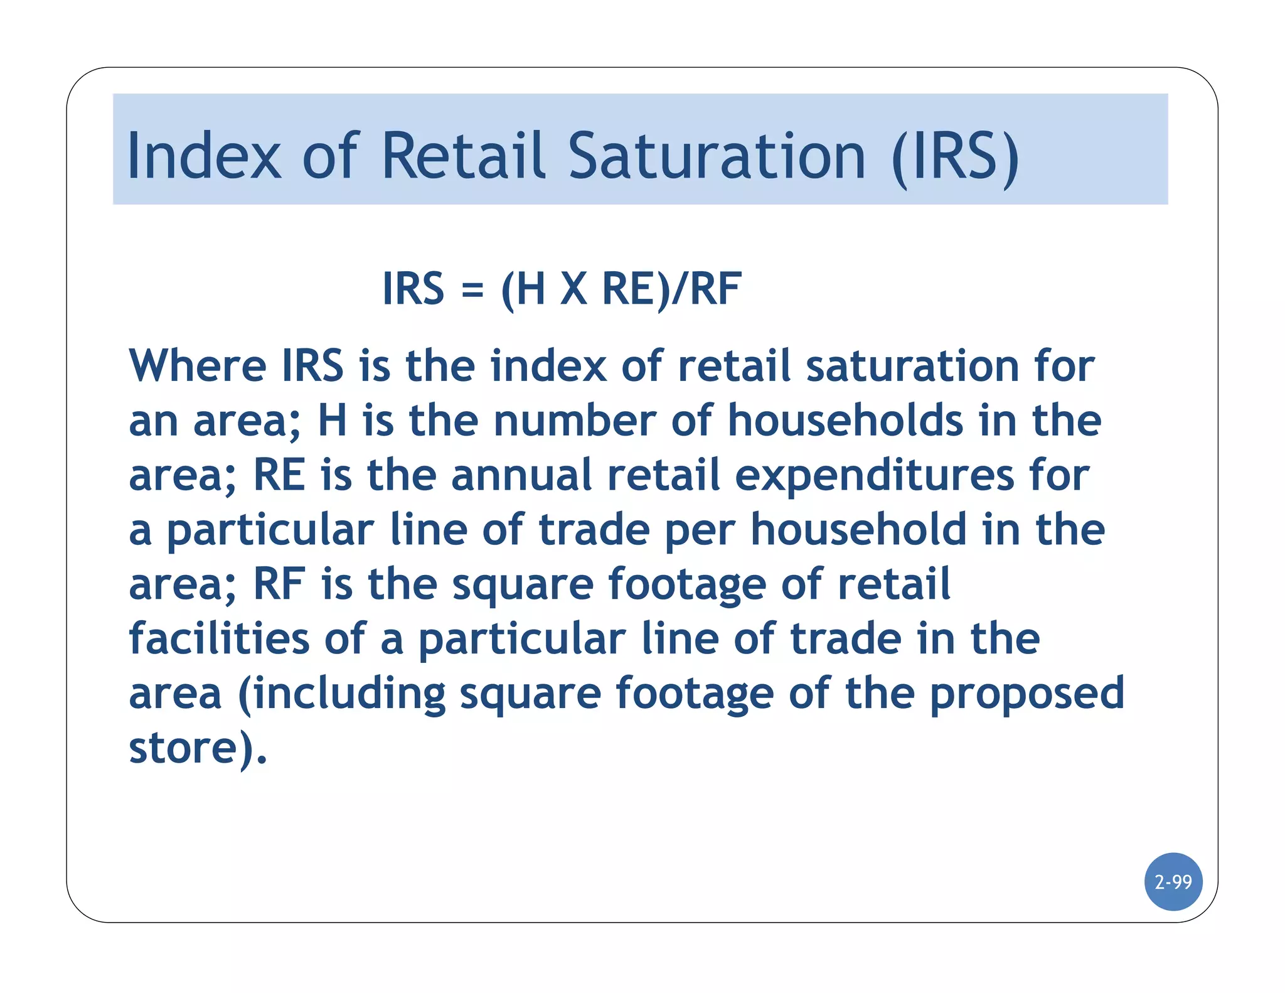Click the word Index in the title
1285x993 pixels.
point(203,156)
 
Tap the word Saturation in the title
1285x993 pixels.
point(717,156)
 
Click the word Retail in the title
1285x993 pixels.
point(462,156)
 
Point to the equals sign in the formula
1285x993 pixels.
point(472,290)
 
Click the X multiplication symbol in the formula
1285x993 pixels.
point(573,289)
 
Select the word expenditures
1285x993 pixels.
point(874,476)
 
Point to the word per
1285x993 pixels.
point(699,531)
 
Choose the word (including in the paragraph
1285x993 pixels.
point(342,694)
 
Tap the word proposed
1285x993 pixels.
point(1027,694)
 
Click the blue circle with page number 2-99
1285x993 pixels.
point(1173,882)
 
